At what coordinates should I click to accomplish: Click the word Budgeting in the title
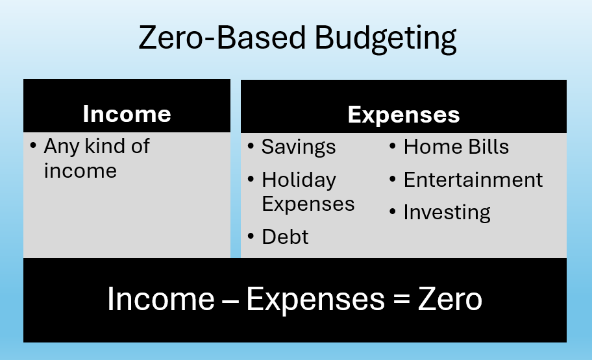[386, 39]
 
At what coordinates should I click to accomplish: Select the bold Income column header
[127, 114]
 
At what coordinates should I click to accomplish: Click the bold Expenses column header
[404, 115]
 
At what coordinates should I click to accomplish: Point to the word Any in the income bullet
[61, 147]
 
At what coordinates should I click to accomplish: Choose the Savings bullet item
[299, 147]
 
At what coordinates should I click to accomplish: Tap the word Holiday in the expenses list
[299, 180]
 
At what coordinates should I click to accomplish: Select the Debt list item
[285, 237]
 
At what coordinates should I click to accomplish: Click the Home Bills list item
[456, 147]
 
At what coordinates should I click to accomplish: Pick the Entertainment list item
[473, 180]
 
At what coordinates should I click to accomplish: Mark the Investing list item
[447, 213]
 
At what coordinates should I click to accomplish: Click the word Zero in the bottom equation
[450, 300]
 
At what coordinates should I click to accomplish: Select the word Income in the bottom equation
[160, 300]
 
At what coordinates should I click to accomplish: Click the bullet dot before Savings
[251, 147]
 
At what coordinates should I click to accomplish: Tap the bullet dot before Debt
[251, 236]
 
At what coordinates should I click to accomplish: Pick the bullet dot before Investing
[393, 212]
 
